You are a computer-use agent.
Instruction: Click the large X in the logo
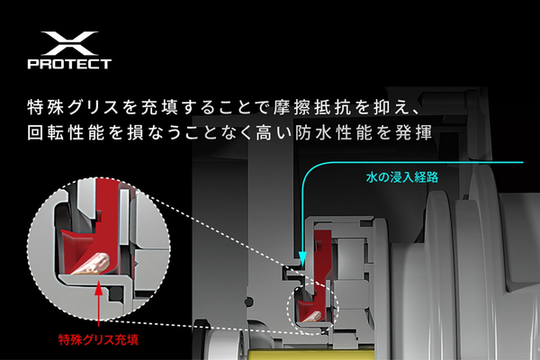69,44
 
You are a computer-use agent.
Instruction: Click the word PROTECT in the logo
69,64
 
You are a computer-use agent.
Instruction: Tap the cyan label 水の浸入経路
402,177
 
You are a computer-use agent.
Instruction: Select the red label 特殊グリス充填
98,340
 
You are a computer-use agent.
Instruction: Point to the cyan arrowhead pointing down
302,258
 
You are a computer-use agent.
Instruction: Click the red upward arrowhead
99,289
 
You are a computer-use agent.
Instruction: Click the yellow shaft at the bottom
310,354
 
